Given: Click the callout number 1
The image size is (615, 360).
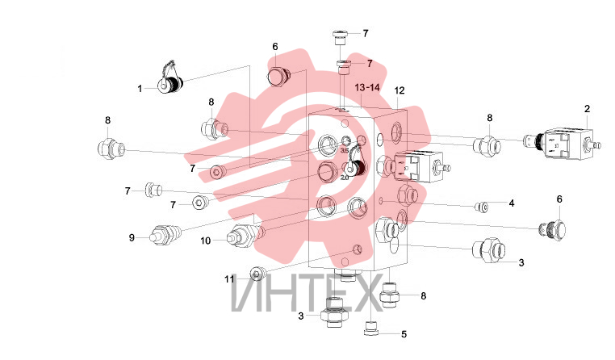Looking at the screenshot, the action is click(140, 89).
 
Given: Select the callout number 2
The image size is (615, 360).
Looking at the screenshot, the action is click(587, 109).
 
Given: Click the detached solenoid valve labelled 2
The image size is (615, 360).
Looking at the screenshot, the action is click(562, 144).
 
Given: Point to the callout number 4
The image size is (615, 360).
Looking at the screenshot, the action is click(512, 203).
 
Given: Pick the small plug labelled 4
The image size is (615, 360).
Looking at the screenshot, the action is click(482, 207).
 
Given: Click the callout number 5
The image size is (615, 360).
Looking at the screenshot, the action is click(404, 334).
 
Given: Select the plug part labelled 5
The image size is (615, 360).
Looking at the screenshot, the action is click(371, 329).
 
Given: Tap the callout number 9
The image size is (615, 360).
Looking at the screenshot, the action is click(132, 237).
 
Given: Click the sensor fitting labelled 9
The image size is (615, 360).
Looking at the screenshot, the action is click(165, 235).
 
